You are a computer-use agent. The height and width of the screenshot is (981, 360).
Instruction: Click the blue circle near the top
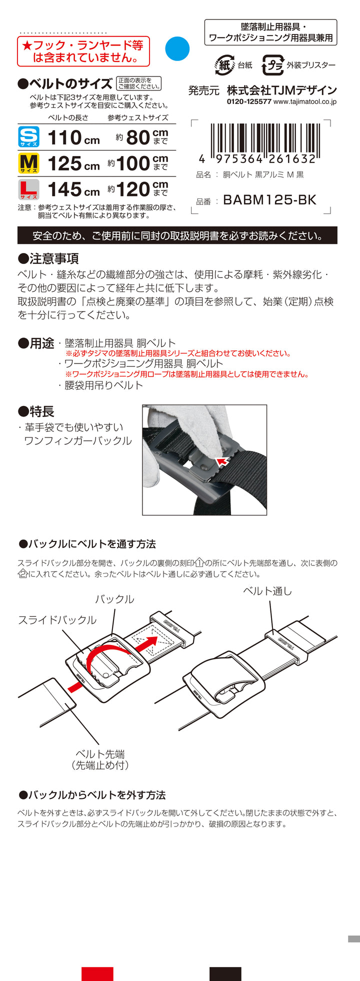click(x=177, y=48)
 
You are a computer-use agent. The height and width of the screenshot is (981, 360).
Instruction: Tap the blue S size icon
click(x=28, y=137)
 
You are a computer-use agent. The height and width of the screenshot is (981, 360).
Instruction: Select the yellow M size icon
click(x=28, y=163)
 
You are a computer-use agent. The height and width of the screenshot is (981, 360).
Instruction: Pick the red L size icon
click(x=28, y=189)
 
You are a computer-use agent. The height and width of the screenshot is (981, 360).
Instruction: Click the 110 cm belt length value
click(x=73, y=137)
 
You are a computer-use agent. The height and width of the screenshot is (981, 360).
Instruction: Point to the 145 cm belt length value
click(x=73, y=189)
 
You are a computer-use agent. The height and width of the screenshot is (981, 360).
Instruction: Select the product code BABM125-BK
click(x=270, y=200)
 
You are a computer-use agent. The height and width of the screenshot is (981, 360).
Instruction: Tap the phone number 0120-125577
click(x=249, y=101)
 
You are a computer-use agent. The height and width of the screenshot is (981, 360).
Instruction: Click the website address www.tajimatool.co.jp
click(x=305, y=101)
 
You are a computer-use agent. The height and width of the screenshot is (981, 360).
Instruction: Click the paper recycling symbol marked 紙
click(x=224, y=65)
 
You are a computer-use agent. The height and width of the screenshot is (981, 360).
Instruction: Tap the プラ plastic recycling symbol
click(x=273, y=65)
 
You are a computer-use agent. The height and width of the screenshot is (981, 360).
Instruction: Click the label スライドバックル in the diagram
click(x=57, y=620)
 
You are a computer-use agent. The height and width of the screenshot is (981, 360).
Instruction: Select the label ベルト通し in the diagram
click(x=267, y=591)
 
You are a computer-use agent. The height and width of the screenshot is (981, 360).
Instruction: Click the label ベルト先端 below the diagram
click(x=100, y=754)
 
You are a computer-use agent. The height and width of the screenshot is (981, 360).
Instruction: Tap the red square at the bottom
click(x=97, y=974)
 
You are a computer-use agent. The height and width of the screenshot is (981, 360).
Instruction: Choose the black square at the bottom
click(x=225, y=974)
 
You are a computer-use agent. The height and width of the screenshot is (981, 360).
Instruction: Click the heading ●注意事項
click(x=48, y=258)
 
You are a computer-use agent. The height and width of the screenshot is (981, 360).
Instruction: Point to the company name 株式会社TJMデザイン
click(x=282, y=90)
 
